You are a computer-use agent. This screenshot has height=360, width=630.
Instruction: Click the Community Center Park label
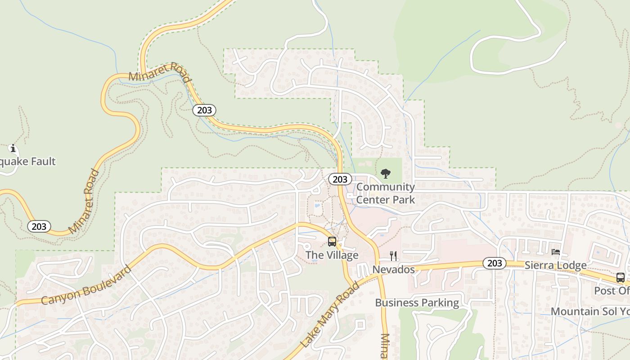point(386,193)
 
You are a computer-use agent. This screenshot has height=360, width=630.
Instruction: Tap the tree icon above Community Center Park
point(386,173)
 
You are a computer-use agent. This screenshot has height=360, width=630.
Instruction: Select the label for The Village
point(332,255)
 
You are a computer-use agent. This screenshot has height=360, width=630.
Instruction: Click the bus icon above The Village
point(332,242)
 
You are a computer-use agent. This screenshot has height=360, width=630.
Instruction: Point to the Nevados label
point(393,270)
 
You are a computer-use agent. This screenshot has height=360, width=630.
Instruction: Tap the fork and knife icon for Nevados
point(394,256)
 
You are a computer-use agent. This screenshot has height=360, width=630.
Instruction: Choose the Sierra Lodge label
point(556,265)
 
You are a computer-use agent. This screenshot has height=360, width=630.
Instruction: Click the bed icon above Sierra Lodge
point(556,252)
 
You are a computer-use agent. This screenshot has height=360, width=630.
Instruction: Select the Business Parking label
point(417,303)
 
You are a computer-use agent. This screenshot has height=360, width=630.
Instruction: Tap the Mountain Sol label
point(590,311)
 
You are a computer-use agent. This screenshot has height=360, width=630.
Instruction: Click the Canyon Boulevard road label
point(86,285)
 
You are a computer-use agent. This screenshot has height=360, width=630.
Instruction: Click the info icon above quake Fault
point(13,148)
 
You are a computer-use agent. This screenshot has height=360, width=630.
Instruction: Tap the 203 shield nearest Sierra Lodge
point(495,263)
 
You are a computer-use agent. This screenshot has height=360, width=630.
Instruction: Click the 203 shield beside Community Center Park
point(340,179)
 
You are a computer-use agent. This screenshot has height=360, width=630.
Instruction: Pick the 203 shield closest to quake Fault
point(39,226)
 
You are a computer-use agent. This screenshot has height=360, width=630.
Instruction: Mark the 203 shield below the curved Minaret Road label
point(204,110)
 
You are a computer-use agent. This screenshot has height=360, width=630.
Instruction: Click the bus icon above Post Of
point(620,277)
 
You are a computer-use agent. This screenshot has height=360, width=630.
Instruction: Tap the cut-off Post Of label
point(612,291)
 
